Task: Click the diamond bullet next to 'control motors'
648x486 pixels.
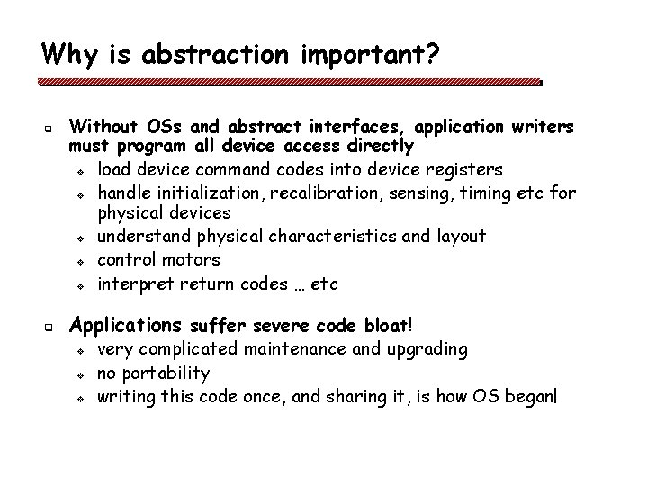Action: point(80,262)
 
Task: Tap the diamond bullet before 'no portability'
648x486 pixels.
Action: point(80,374)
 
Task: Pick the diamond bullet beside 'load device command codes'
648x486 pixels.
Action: point(80,171)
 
